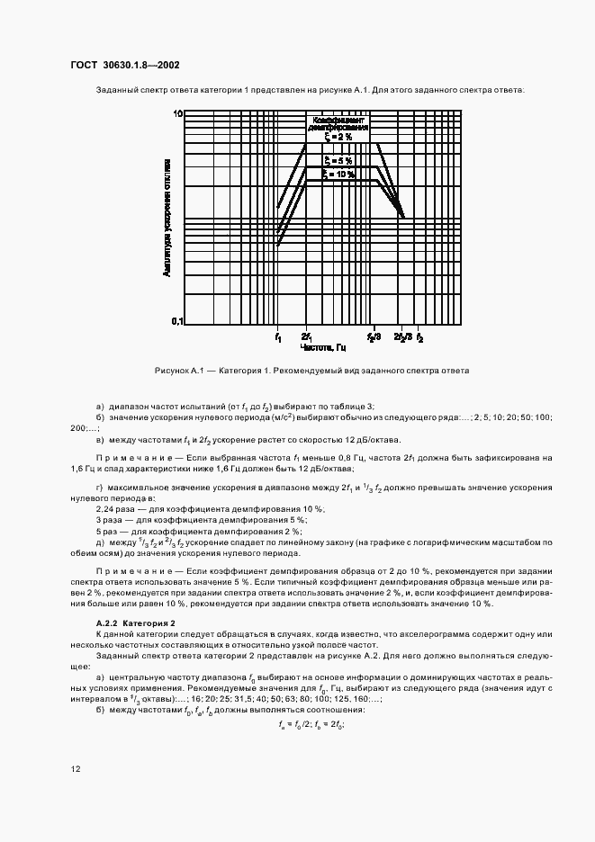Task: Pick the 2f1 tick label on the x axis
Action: (307, 336)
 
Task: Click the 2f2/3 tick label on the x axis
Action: (403, 336)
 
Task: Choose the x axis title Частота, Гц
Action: (322, 347)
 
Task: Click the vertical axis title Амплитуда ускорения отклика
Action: (167, 217)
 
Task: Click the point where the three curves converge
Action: (402, 217)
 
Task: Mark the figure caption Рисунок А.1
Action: (312, 371)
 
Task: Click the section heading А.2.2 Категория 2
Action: (136, 623)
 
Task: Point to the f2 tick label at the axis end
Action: (419, 336)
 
